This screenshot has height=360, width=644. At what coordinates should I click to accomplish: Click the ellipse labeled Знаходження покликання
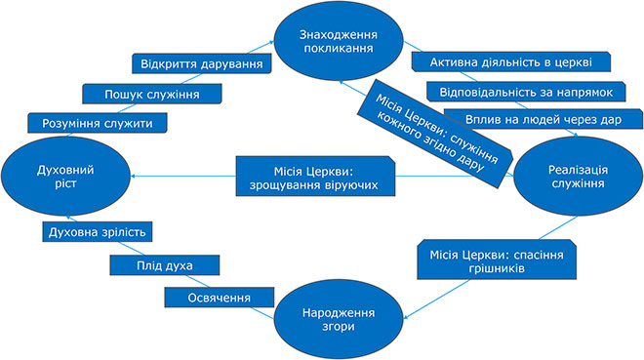click(x=339, y=41)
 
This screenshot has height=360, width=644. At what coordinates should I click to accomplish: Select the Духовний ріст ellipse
click(x=65, y=177)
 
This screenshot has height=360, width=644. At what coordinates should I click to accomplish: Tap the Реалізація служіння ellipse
click(x=578, y=177)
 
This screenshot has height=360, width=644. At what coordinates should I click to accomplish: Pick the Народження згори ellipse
click(x=339, y=319)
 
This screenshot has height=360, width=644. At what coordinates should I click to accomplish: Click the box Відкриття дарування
click(x=202, y=64)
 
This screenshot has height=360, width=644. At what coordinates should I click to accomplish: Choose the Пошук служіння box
click(x=152, y=94)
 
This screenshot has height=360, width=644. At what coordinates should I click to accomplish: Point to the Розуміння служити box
click(x=98, y=123)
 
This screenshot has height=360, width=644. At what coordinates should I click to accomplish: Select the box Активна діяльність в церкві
click(x=511, y=62)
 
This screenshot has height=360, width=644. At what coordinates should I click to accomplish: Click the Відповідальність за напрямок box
click(x=526, y=92)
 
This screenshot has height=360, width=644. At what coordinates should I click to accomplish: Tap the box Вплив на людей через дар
click(x=543, y=119)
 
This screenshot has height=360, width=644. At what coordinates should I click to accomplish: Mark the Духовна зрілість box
click(x=98, y=232)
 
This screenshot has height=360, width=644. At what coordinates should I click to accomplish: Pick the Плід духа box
click(x=165, y=265)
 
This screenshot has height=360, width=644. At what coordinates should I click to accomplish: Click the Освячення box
click(x=220, y=298)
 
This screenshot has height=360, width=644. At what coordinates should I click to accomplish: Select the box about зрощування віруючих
click(x=315, y=177)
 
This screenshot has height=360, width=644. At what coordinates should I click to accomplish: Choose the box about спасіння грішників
click(x=497, y=260)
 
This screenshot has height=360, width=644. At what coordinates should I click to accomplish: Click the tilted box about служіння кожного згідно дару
click(x=435, y=134)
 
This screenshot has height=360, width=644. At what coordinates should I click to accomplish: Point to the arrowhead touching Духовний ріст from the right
click(x=134, y=177)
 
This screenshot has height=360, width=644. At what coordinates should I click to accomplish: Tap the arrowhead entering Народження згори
click(x=408, y=316)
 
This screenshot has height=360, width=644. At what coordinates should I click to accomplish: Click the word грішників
click(x=497, y=268)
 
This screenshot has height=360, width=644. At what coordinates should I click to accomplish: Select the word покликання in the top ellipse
click(x=339, y=49)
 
